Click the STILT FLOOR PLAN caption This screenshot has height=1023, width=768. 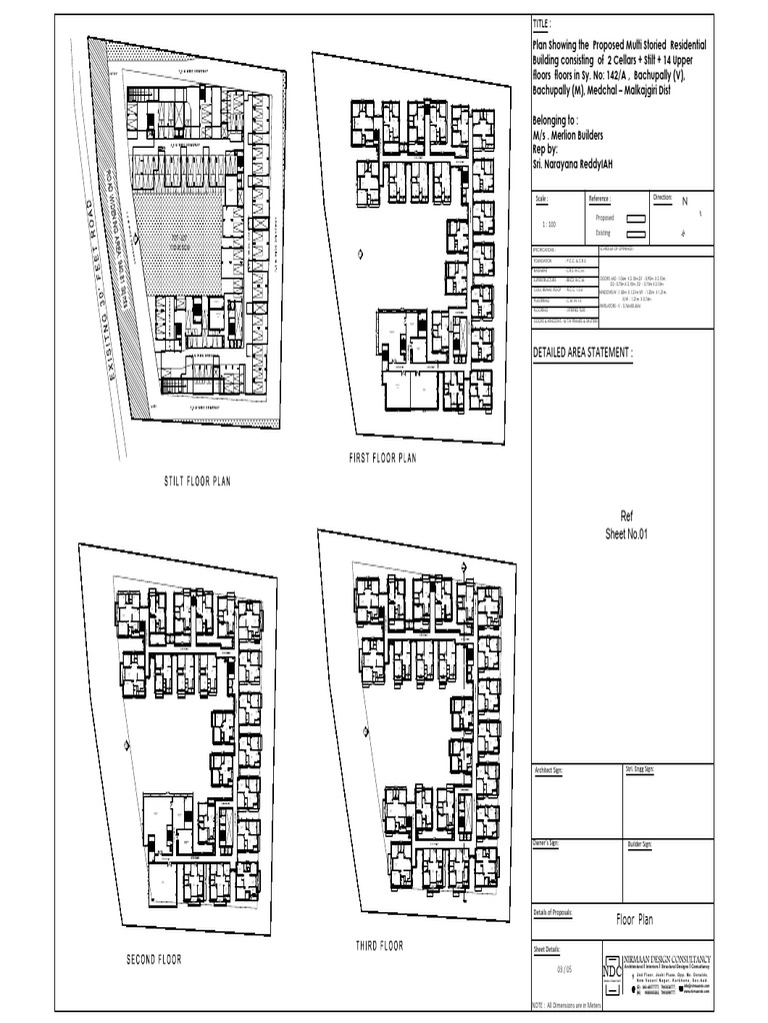pos(197,481)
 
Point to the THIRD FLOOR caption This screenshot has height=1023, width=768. pos(379,945)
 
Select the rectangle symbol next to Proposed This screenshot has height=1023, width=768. pos(634,217)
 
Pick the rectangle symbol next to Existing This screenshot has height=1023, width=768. pos(634,232)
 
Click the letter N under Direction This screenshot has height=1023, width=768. pos(685,202)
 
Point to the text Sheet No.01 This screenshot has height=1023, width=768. pos(627,534)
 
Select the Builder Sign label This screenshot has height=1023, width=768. pos(640,844)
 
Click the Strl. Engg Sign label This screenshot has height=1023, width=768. pos(640,770)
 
